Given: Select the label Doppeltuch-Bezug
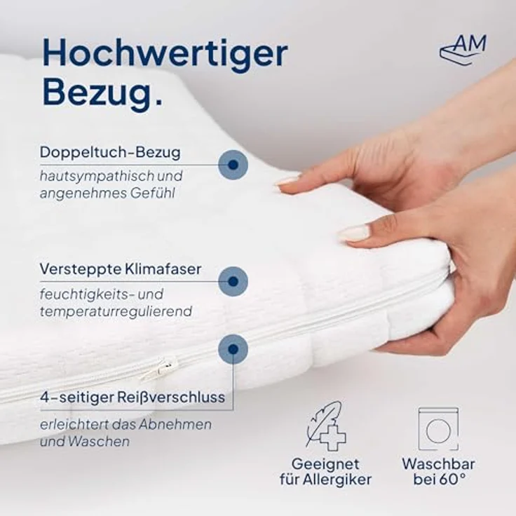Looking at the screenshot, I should pos(110,152).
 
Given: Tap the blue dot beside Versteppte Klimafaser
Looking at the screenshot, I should pos(233,281).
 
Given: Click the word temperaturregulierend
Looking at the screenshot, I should pos(116,311).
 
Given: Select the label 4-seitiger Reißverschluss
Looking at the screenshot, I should pos(133,398).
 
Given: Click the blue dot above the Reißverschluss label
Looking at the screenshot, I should pos(233,349).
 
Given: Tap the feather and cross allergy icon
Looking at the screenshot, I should pos(324,426).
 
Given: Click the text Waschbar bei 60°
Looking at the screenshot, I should pos(438,472).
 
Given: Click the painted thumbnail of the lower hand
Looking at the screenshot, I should pos(355,233).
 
